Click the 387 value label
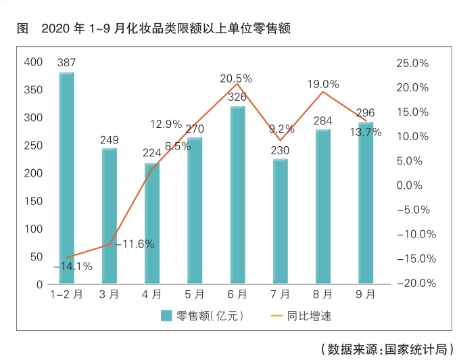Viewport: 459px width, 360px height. [x=66, y=64]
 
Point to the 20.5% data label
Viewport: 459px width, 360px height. [x=236, y=78]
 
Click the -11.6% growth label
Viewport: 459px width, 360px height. [x=135, y=244]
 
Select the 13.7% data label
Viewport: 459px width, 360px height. [x=365, y=133]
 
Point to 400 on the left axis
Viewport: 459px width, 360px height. [x=33, y=62]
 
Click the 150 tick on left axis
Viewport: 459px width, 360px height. [x=33, y=201]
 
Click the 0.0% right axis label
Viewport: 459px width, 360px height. [x=412, y=185]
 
